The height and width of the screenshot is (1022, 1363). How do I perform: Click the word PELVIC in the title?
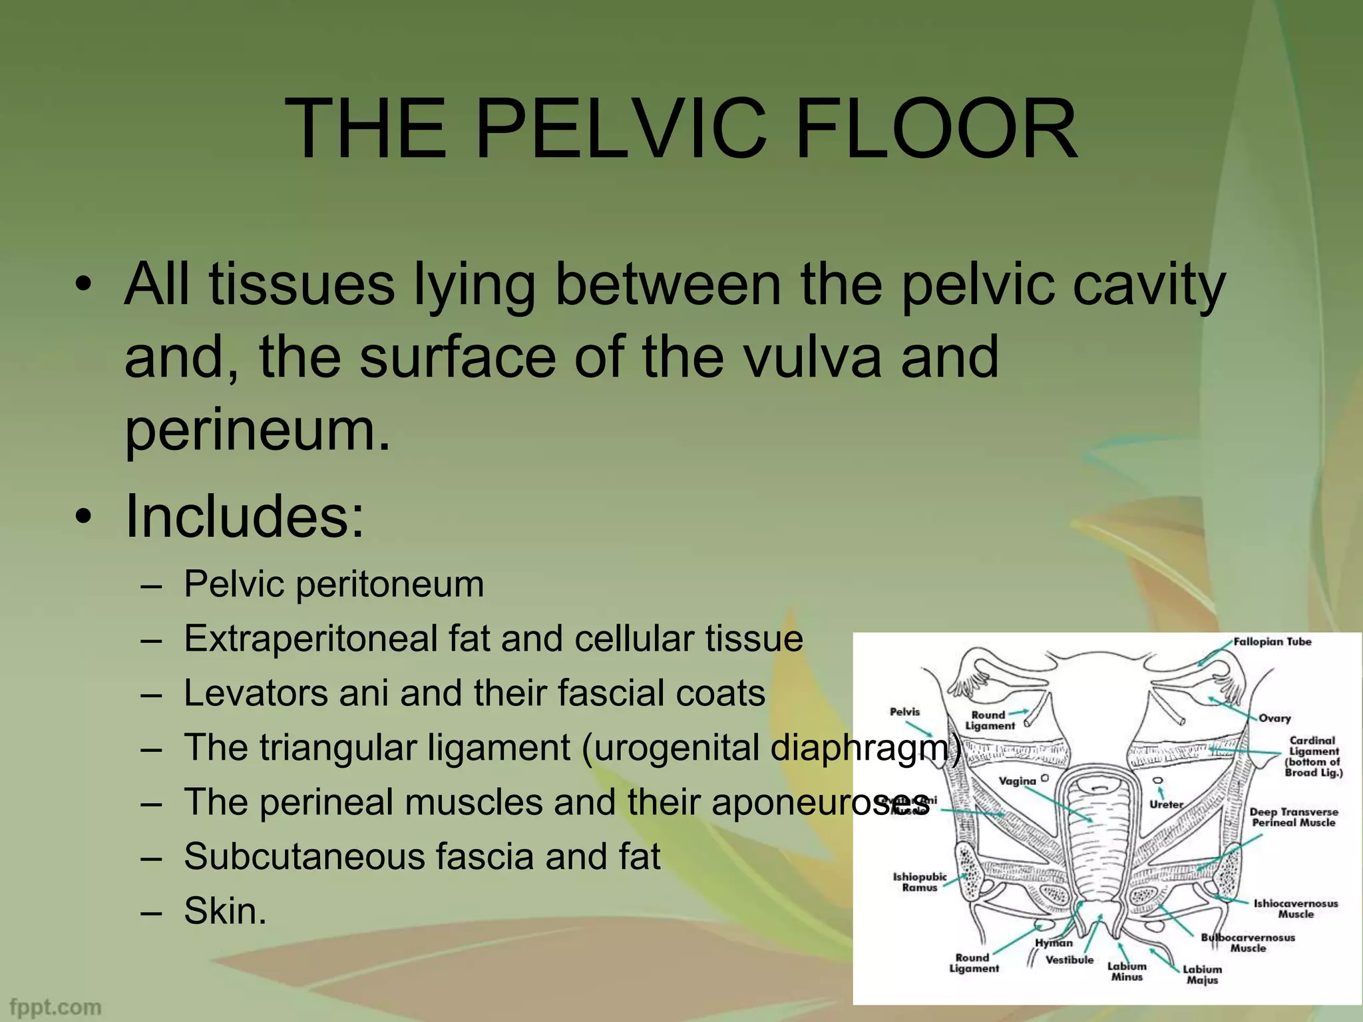619,128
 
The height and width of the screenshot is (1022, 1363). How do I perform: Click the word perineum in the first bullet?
257,430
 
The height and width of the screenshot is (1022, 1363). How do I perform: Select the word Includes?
245,517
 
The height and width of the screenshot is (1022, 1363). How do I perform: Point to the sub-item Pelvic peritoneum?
333,585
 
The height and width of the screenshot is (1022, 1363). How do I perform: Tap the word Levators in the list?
255,693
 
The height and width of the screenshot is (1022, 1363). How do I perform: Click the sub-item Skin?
225,911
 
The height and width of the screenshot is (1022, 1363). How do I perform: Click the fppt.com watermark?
56,1007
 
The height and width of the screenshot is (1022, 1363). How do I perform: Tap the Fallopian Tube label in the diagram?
1272,642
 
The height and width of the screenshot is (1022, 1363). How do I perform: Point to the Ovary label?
1274,719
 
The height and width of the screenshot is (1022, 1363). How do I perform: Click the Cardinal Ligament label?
1313,756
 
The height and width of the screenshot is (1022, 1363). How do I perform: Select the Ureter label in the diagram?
1167,804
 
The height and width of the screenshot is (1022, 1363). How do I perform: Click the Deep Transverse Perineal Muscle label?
1293,817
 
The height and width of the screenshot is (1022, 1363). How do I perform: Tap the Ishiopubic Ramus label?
919,882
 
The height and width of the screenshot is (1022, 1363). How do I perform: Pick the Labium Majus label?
1202,975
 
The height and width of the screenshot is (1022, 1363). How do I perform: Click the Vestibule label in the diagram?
1070,960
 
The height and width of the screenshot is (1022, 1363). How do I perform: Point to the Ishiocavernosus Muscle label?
1295,909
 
